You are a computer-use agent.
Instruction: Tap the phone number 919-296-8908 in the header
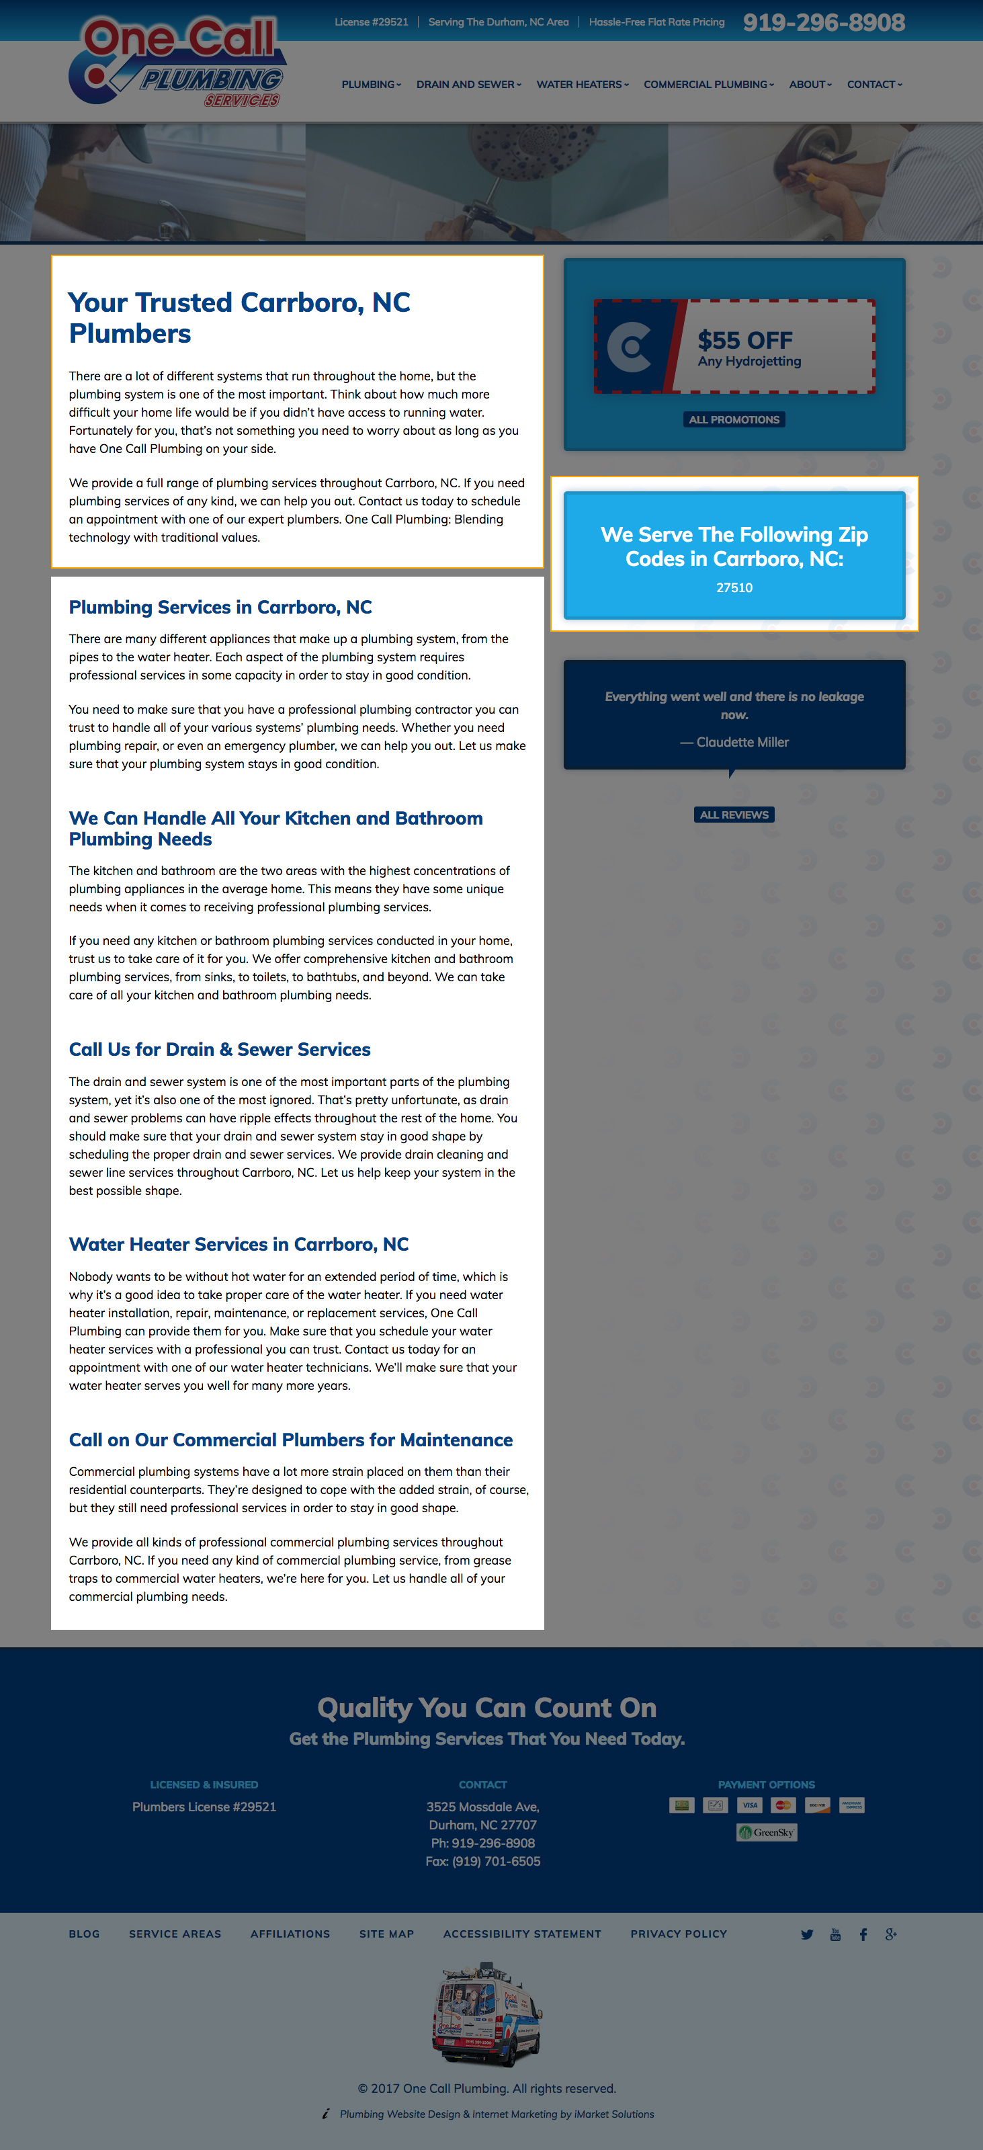click(x=824, y=23)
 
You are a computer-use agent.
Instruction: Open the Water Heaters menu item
click(x=582, y=84)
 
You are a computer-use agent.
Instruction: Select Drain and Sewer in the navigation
click(x=468, y=84)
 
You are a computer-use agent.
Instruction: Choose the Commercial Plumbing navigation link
click(x=708, y=84)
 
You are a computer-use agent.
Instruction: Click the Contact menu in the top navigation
click(x=873, y=84)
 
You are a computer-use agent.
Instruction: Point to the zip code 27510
click(x=734, y=587)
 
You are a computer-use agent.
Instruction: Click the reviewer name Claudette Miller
click(x=742, y=742)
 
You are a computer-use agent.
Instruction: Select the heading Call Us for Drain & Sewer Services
click(x=220, y=1049)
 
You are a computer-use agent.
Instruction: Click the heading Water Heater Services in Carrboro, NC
click(x=239, y=1245)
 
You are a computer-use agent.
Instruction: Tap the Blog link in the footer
click(x=84, y=1934)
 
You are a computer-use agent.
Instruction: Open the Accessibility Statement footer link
click(x=521, y=1934)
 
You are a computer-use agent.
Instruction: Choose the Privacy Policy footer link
click(x=679, y=1934)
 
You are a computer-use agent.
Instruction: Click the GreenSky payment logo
click(x=766, y=1832)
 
